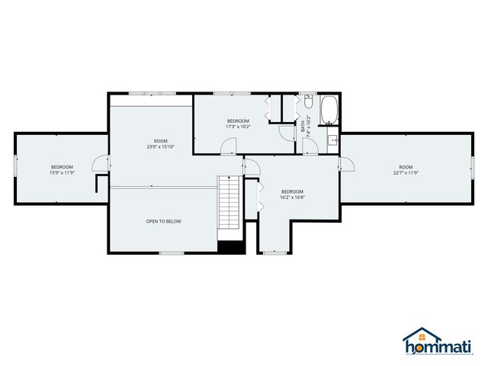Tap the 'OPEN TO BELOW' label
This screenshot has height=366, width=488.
pyautogui.click(x=164, y=221)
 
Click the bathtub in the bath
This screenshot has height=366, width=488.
pyautogui.click(x=329, y=110)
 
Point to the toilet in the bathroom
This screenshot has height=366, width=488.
pyautogui.click(x=308, y=102)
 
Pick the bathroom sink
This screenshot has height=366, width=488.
pyautogui.click(x=333, y=140)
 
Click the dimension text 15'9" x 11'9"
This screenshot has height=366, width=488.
pyautogui.click(x=62, y=173)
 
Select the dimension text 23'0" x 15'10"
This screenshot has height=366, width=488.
pyautogui.click(x=160, y=146)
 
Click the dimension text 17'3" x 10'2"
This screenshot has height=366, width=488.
pyautogui.click(x=238, y=127)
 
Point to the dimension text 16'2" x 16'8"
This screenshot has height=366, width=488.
pyautogui.click(x=292, y=197)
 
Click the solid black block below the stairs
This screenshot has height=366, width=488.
pyautogui.click(x=230, y=246)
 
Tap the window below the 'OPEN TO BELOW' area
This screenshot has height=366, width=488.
pyautogui.click(x=171, y=252)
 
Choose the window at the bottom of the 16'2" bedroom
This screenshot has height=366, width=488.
pyautogui.click(x=274, y=252)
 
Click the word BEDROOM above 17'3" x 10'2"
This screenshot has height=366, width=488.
pyautogui.click(x=238, y=121)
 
